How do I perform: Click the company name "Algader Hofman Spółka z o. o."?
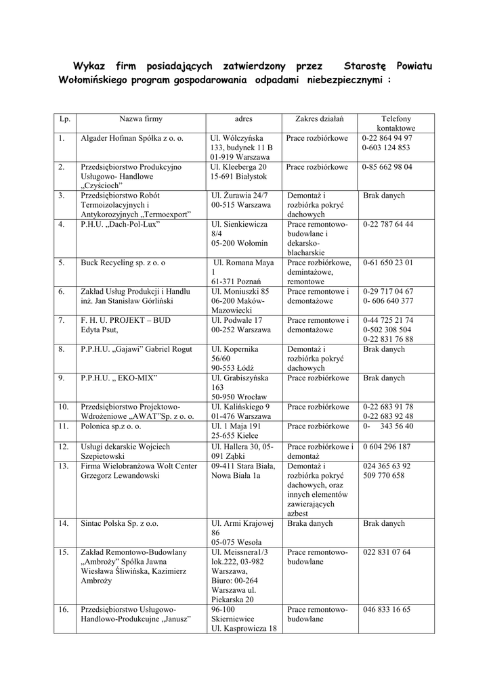pos(132,138)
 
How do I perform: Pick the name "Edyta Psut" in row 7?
pos(100,330)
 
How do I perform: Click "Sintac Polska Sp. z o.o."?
pos(121,524)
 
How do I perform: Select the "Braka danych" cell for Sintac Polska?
pos(310,524)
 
